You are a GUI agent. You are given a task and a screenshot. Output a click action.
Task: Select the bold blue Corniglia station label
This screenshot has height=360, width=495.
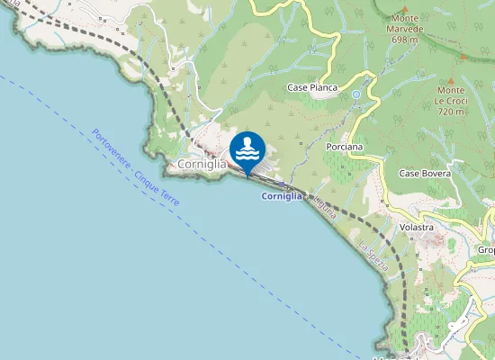click(282, 196)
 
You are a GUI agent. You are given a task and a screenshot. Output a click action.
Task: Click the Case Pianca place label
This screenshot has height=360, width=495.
click(312, 87)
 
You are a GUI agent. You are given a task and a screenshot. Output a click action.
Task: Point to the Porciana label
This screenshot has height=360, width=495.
click(345, 146)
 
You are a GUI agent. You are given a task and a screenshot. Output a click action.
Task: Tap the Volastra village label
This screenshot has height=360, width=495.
click(418, 227)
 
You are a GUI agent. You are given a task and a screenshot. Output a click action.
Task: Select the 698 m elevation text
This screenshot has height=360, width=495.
click(407, 40)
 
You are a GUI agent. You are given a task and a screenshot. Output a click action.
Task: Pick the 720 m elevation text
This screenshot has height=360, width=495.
click(453, 112)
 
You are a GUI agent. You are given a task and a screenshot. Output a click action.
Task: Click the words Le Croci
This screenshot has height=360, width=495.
click(453, 101)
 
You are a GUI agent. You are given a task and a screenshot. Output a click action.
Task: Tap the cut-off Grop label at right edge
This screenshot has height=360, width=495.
click(486, 250)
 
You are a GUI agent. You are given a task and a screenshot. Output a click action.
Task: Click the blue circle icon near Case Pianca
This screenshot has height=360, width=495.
click(356, 94)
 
